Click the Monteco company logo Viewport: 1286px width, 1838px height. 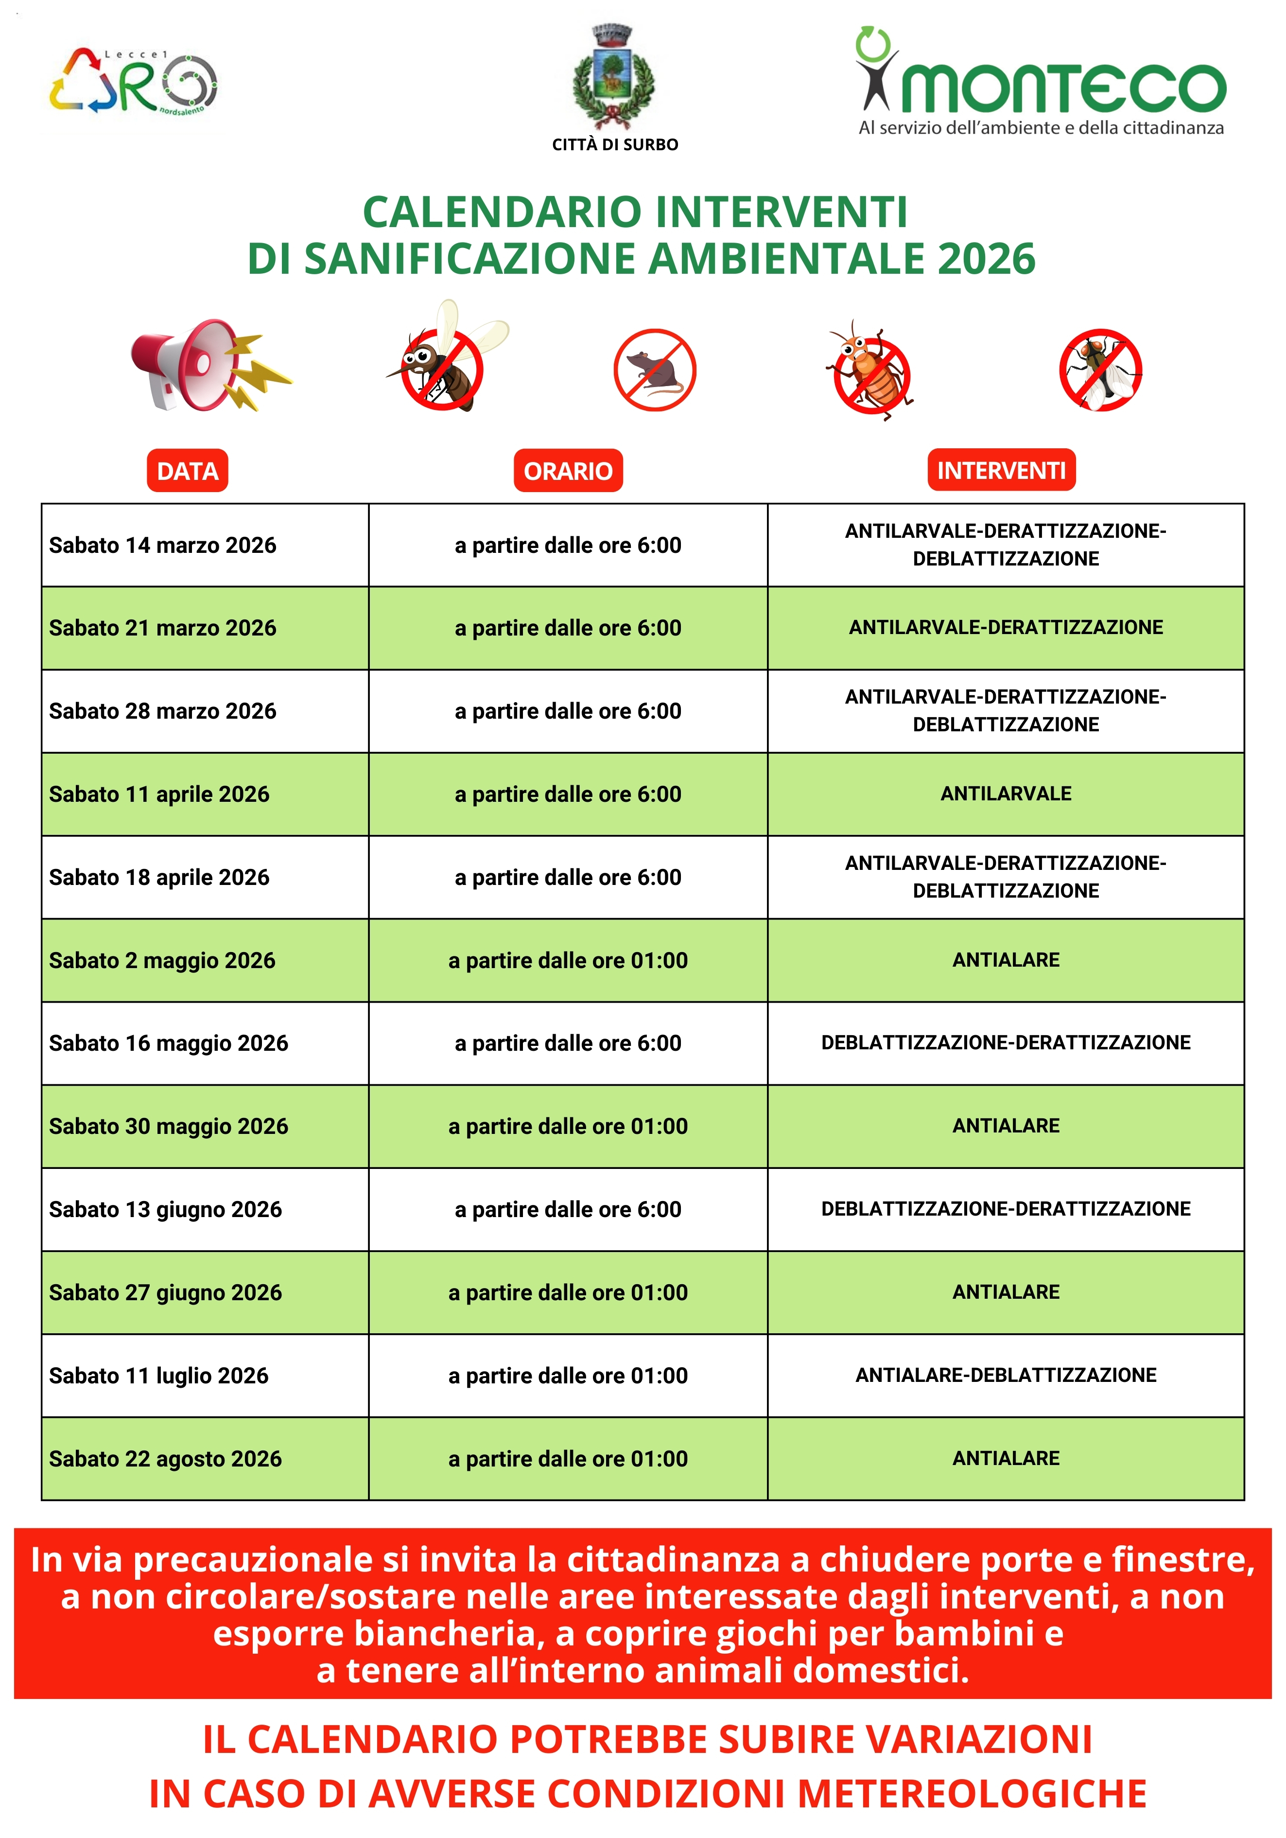(1041, 84)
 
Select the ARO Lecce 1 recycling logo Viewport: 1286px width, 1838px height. (133, 82)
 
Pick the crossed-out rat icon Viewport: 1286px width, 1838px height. (655, 370)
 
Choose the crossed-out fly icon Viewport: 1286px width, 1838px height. (1100, 370)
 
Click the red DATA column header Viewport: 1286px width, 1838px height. (187, 471)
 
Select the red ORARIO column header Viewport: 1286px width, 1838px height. (568, 471)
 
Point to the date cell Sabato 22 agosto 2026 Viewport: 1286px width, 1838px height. (166, 1459)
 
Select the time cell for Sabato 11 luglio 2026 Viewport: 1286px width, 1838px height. (568, 1375)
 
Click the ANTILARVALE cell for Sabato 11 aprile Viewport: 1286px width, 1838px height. (1006, 794)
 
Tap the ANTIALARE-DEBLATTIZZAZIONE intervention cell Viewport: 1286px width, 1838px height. (1006, 1375)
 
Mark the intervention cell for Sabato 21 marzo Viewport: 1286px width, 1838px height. (1006, 628)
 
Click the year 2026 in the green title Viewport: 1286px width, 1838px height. (986, 259)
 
